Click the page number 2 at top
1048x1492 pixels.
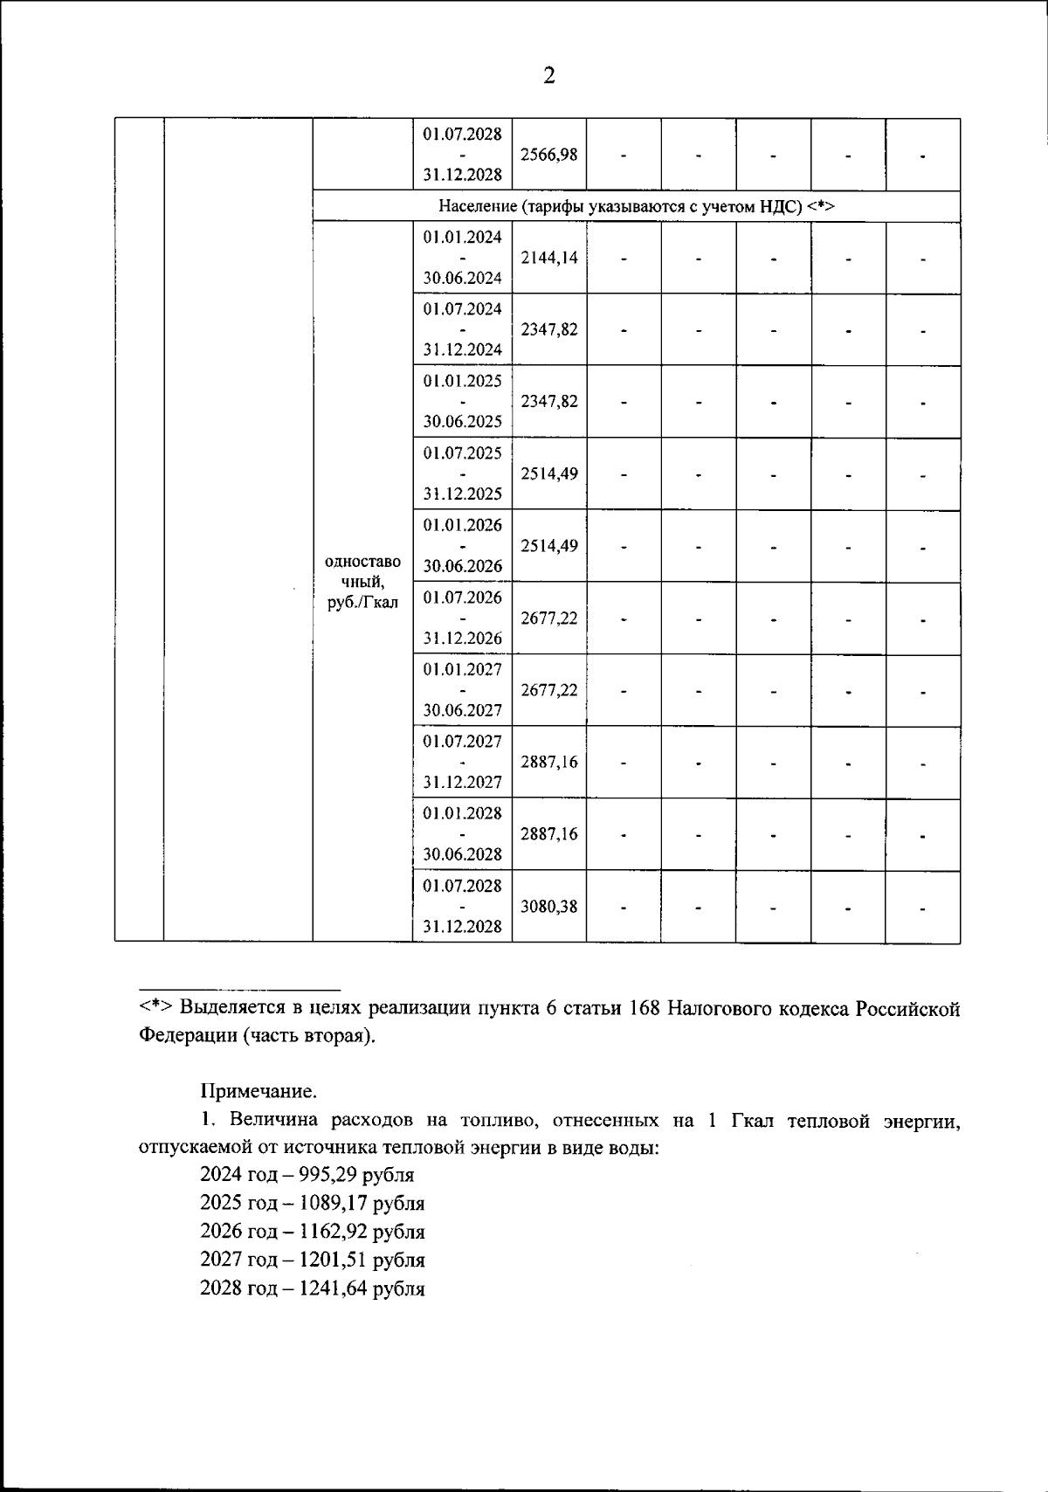click(x=548, y=77)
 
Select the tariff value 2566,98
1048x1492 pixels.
click(x=548, y=155)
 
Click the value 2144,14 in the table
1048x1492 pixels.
click(x=548, y=258)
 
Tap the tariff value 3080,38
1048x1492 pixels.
click(x=548, y=906)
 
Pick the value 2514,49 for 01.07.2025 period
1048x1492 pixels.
click(x=548, y=473)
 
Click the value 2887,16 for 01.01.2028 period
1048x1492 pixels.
click(x=548, y=833)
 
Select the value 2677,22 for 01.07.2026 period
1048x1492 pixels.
click(x=548, y=618)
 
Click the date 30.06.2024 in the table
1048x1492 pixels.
click(x=462, y=278)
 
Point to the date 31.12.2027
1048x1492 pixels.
click(x=462, y=782)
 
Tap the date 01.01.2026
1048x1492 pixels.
click(x=462, y=525)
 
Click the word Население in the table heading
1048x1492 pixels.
click(x=478, y=207)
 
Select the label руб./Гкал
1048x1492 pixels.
click(x=362, y=602)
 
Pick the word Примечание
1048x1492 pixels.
click(x=259, y=1091)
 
